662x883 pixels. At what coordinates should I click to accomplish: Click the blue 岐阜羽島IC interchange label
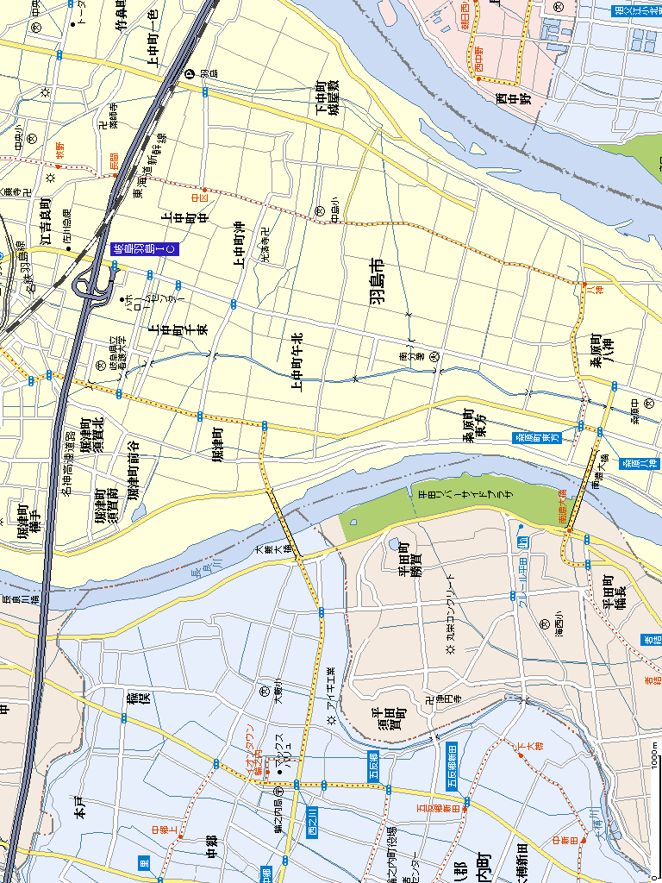144,249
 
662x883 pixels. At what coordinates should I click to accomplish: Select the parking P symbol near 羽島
190,75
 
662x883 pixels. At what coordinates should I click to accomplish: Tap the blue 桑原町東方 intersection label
538,438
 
